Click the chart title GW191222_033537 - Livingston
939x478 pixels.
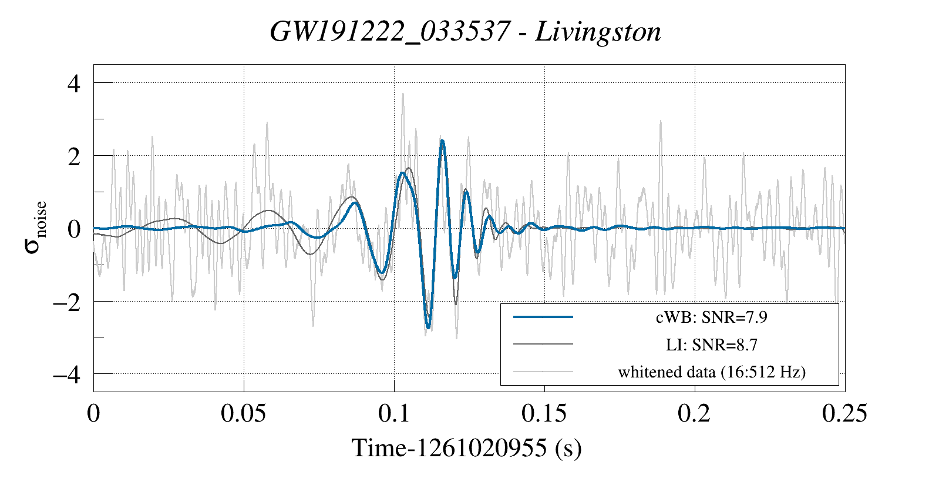[x=465, y=32]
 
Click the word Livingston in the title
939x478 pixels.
[x=598, y=32]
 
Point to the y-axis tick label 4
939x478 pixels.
[x=74, y=83]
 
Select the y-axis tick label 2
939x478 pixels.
[x=74, y=156]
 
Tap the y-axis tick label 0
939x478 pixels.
[x=74, y=229]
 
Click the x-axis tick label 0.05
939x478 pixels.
[x=243, y=413]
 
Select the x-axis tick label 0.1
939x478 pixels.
[x=394, y=413]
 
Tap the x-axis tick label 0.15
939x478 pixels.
[x=544, y=413]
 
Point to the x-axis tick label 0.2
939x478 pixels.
[x=694, y=413]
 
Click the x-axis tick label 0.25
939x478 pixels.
[x=844, y=413]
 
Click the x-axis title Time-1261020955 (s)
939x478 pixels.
[x=466, y=448]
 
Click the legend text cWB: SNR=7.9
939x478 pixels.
[x=711, y=317]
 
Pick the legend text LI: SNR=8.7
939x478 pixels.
[x=711, y=345]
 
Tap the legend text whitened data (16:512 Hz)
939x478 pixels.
[x=711, y=372]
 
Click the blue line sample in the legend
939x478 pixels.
[x=543, y=317]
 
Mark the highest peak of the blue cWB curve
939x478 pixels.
[x=442, y=141]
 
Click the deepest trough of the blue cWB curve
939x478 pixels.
[x=428, y=327]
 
